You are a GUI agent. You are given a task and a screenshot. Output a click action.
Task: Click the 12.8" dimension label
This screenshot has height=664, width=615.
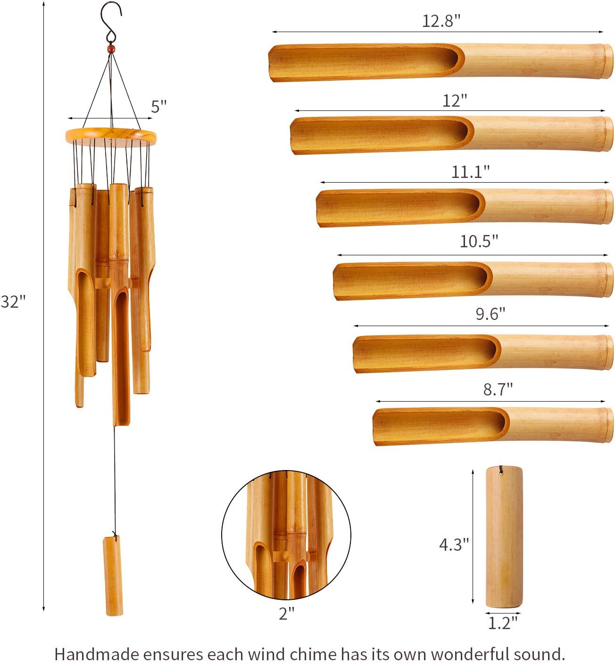click(x=440, y=21)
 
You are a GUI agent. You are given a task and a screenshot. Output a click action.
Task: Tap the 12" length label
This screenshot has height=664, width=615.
click(x=454, y=101)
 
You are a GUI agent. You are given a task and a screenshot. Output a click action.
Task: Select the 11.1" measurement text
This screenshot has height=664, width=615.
click(x=470, y=172)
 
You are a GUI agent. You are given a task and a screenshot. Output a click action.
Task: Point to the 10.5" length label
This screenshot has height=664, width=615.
click(x=479, y=241)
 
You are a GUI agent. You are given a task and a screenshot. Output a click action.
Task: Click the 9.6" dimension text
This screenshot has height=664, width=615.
click(x=490, y=314)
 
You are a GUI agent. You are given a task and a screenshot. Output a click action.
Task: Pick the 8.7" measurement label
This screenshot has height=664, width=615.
click(x=498, y=389)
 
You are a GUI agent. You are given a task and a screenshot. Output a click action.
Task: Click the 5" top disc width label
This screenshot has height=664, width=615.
click(x=159, y=107)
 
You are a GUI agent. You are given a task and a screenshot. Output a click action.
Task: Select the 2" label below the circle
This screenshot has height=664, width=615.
click(x=286, y=614)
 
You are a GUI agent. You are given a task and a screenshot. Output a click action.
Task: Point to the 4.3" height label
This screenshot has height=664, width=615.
click(x=454, y=545)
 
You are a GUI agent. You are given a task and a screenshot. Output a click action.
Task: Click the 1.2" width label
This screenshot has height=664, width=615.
click(x=502, y=623)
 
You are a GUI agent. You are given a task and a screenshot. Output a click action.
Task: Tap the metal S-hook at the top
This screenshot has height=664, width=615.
click(x=112, y=21)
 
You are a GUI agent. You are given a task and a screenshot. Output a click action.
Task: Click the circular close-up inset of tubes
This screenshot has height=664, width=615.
click(x=286, y=535)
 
